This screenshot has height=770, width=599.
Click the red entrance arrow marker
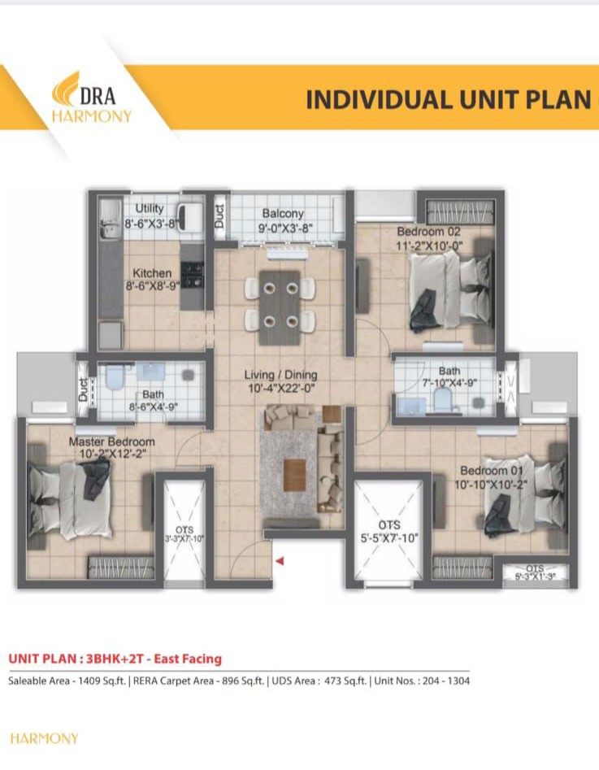(x=280, y=561)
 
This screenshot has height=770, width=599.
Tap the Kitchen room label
(x=152, y=273)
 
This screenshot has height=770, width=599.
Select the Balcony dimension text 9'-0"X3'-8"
(x=286, y=228)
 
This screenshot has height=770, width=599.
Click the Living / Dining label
(x=281, y=375)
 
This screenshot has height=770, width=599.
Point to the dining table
(x=280, y=307)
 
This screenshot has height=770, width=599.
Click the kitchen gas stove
(x=192, y=275)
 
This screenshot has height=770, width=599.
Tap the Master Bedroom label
(x=112, y=442)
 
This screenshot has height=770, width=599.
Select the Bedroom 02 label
(x=429, y=231)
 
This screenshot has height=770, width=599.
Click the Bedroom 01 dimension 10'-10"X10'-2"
(x=490, y=485)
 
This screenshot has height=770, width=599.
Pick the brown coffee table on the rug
(x=294, y=474)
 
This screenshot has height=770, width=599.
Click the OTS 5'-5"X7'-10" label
(x=389, y=532)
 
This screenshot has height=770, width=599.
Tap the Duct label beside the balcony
(x=219, y=216)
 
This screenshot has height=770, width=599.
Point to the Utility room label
(x=150, y=209)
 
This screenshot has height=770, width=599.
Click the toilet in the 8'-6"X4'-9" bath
(x=115, y=376)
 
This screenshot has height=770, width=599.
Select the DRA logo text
(x=98, y=96)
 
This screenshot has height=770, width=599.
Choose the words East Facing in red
(x=188, y=659)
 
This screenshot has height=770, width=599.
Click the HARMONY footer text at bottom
(x=44, y=738)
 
